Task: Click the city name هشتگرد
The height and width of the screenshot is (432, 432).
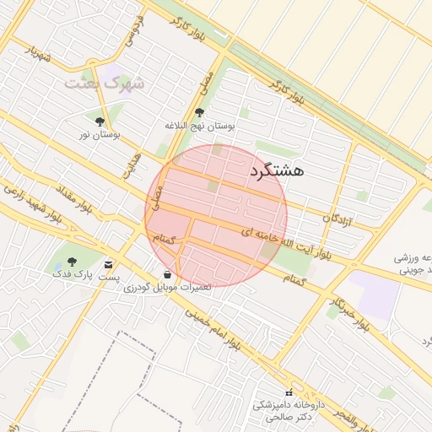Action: click(x=276, y=170)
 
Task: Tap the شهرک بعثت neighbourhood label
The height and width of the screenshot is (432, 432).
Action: click(x=107, y=84)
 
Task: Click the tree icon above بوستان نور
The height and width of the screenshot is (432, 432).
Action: click(x=100, y=121)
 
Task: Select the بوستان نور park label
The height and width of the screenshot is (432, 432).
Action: click(x=100, y=135)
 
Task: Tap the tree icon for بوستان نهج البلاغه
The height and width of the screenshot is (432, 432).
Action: click(x=199, y=112)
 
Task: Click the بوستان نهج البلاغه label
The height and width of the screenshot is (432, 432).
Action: click(x=199, y=126)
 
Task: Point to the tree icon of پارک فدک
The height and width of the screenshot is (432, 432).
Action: click(x=70, y=260)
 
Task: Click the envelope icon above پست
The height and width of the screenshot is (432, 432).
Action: click(x=109, y=264)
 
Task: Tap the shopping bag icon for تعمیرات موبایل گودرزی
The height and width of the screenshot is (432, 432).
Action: click(x=167, y=275)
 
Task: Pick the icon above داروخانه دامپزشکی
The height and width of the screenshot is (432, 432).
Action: click(x=289, y=392)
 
